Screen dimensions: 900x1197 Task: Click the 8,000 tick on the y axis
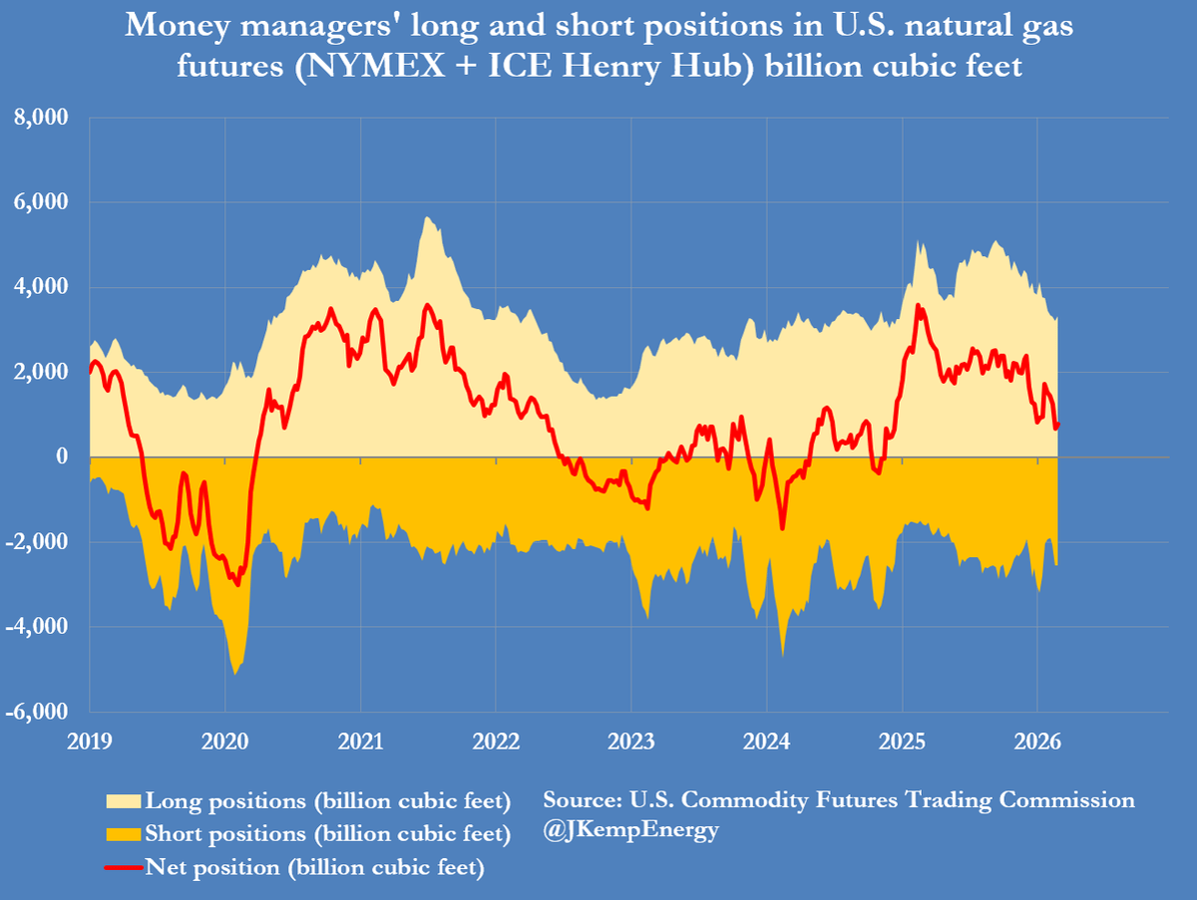(x=40, y=118)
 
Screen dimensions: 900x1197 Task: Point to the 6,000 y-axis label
(x=40, y=202)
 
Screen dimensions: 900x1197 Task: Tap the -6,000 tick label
(x=37, y=712)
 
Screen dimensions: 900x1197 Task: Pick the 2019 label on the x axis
(x=90, y=741)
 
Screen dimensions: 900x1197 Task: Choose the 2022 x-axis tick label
(x=496, y=741)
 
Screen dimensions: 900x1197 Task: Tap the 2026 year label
(x=1036, y=741)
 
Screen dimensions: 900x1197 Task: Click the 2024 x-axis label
(x=766, y=741)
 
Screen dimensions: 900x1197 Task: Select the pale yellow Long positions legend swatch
(x=123, y=801)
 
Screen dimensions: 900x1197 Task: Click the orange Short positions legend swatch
(x=123, y=833)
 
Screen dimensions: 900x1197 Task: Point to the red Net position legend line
(x=123, y=867)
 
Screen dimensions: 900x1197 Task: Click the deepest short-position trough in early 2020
(x=235, y=674)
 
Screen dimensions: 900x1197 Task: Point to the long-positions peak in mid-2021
(x=426, y=217)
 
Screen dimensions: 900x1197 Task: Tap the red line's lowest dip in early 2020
(x=236, y=584)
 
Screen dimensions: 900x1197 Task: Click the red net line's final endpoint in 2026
(x=1058, y=424)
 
